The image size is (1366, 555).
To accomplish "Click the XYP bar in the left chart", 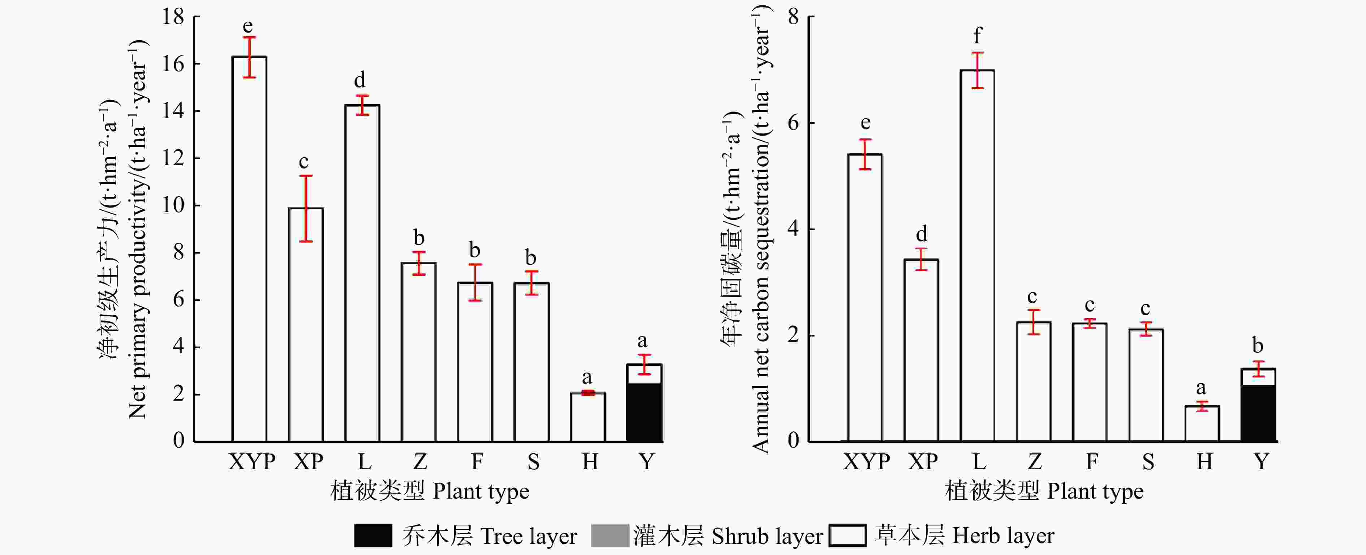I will point(249,249).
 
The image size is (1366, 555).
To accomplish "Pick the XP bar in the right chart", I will point(921,350).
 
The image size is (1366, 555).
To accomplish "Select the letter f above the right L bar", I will point(977,36).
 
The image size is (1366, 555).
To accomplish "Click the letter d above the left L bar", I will point(360,80).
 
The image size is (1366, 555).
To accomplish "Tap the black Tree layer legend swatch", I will point(373,535).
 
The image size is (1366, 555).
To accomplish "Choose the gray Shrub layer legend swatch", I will point(610,535).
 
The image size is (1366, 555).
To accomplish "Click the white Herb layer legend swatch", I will point(847,535).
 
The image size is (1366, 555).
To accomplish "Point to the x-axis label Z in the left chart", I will point(420,462).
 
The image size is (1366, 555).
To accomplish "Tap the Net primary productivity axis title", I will point(138,228).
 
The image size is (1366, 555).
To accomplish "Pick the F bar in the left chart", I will point(475,362).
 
